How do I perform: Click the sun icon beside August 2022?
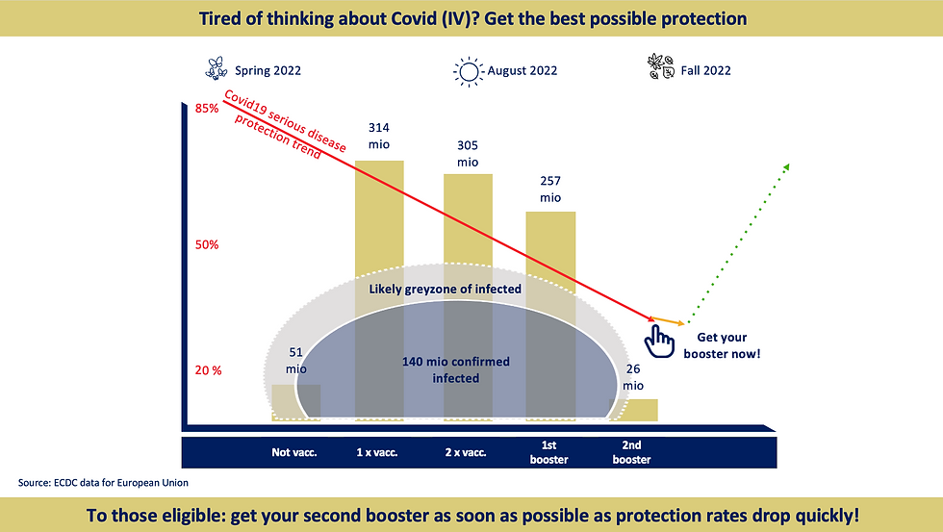click(x=469, y=70)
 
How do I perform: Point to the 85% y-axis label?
click(x=207, y=109)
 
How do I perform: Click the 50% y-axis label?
click(x=207, y=244)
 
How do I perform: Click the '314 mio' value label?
click(x=380, y=135)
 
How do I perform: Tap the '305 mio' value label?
click(x=468, y=154)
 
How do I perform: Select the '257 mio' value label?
click(x=550, y=189)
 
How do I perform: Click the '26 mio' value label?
click(x=632, y=377)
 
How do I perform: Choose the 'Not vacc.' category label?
click(x=294, y=451)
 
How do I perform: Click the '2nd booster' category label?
click(x=631, y=452)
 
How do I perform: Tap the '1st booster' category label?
click(x=549, y=452)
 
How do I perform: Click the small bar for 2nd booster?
click(x=636, y=410)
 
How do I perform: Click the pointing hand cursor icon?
click(x=659, y=338)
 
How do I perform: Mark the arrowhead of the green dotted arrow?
click(x=786, y=167)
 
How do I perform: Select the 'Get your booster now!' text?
click(x=722, y=346)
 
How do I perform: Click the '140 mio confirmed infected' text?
click(x=455, y=369)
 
